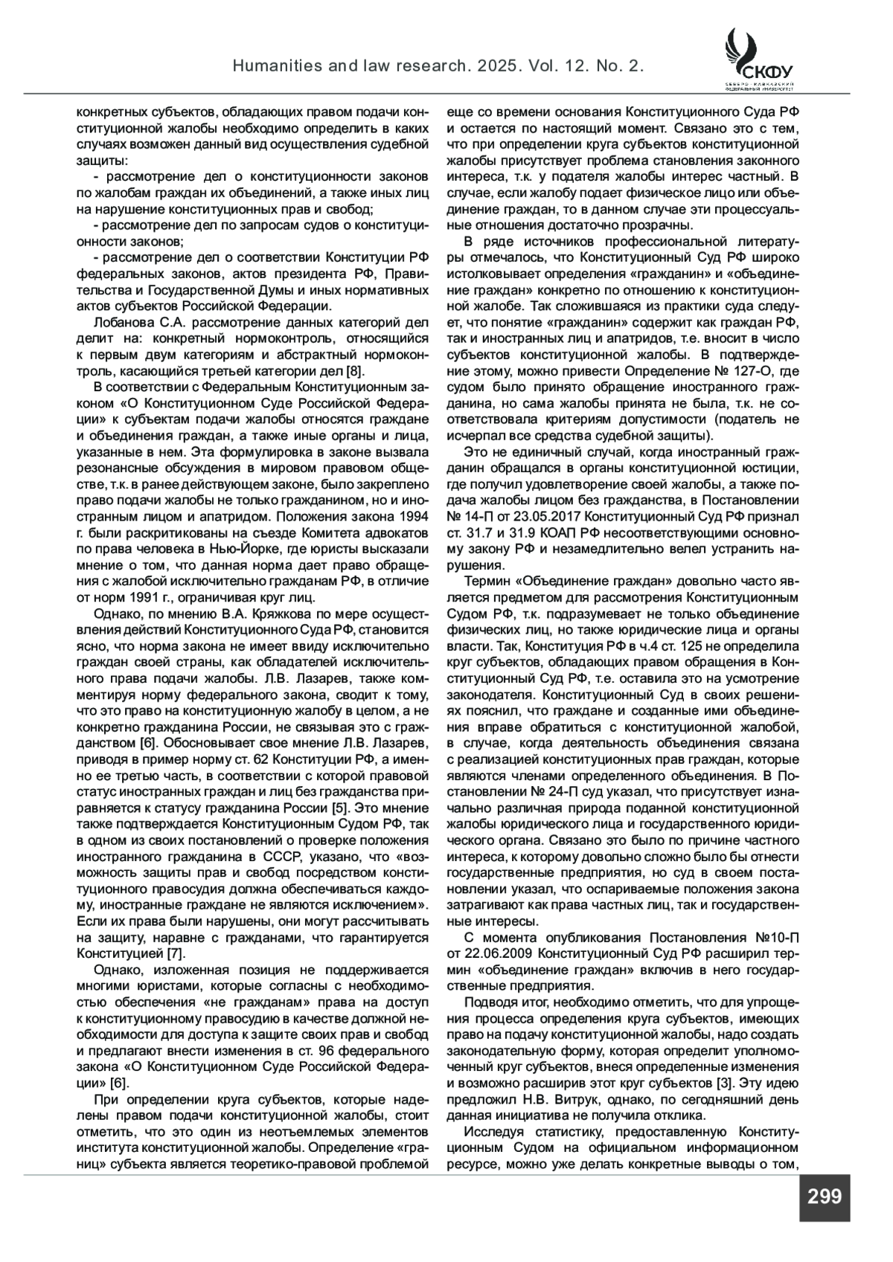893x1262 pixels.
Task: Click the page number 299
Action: [x=824, y=1196]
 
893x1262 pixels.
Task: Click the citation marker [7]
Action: [x=176, y=953]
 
